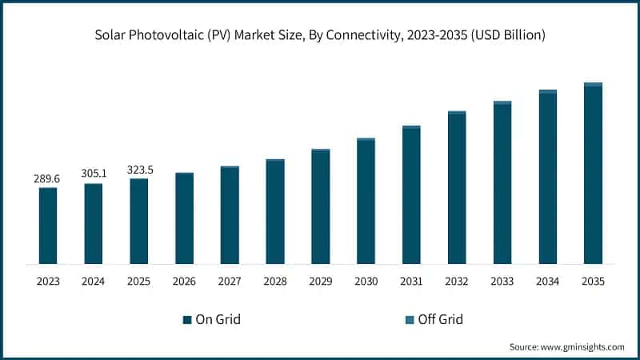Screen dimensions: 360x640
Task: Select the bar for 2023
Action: (48, 226)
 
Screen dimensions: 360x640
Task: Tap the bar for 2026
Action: (184, 218)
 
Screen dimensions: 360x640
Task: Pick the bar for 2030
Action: (366, 202)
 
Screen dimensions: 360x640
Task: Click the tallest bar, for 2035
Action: (593, 174)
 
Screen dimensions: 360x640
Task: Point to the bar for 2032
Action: (457, 188)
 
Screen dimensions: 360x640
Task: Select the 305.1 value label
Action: (94, 173)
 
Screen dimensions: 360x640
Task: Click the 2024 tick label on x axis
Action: (94, 281)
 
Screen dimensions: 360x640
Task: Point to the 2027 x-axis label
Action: (230, 281)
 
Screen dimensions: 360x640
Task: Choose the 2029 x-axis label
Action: (320, 281)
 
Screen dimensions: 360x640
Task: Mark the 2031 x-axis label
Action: (411, 281)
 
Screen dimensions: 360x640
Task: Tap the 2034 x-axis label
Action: (547, 281)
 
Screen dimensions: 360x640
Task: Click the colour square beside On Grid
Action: (187, 320)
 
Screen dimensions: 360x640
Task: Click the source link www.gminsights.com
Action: (582, 346)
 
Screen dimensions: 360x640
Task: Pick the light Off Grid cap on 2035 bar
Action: (593, 84)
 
